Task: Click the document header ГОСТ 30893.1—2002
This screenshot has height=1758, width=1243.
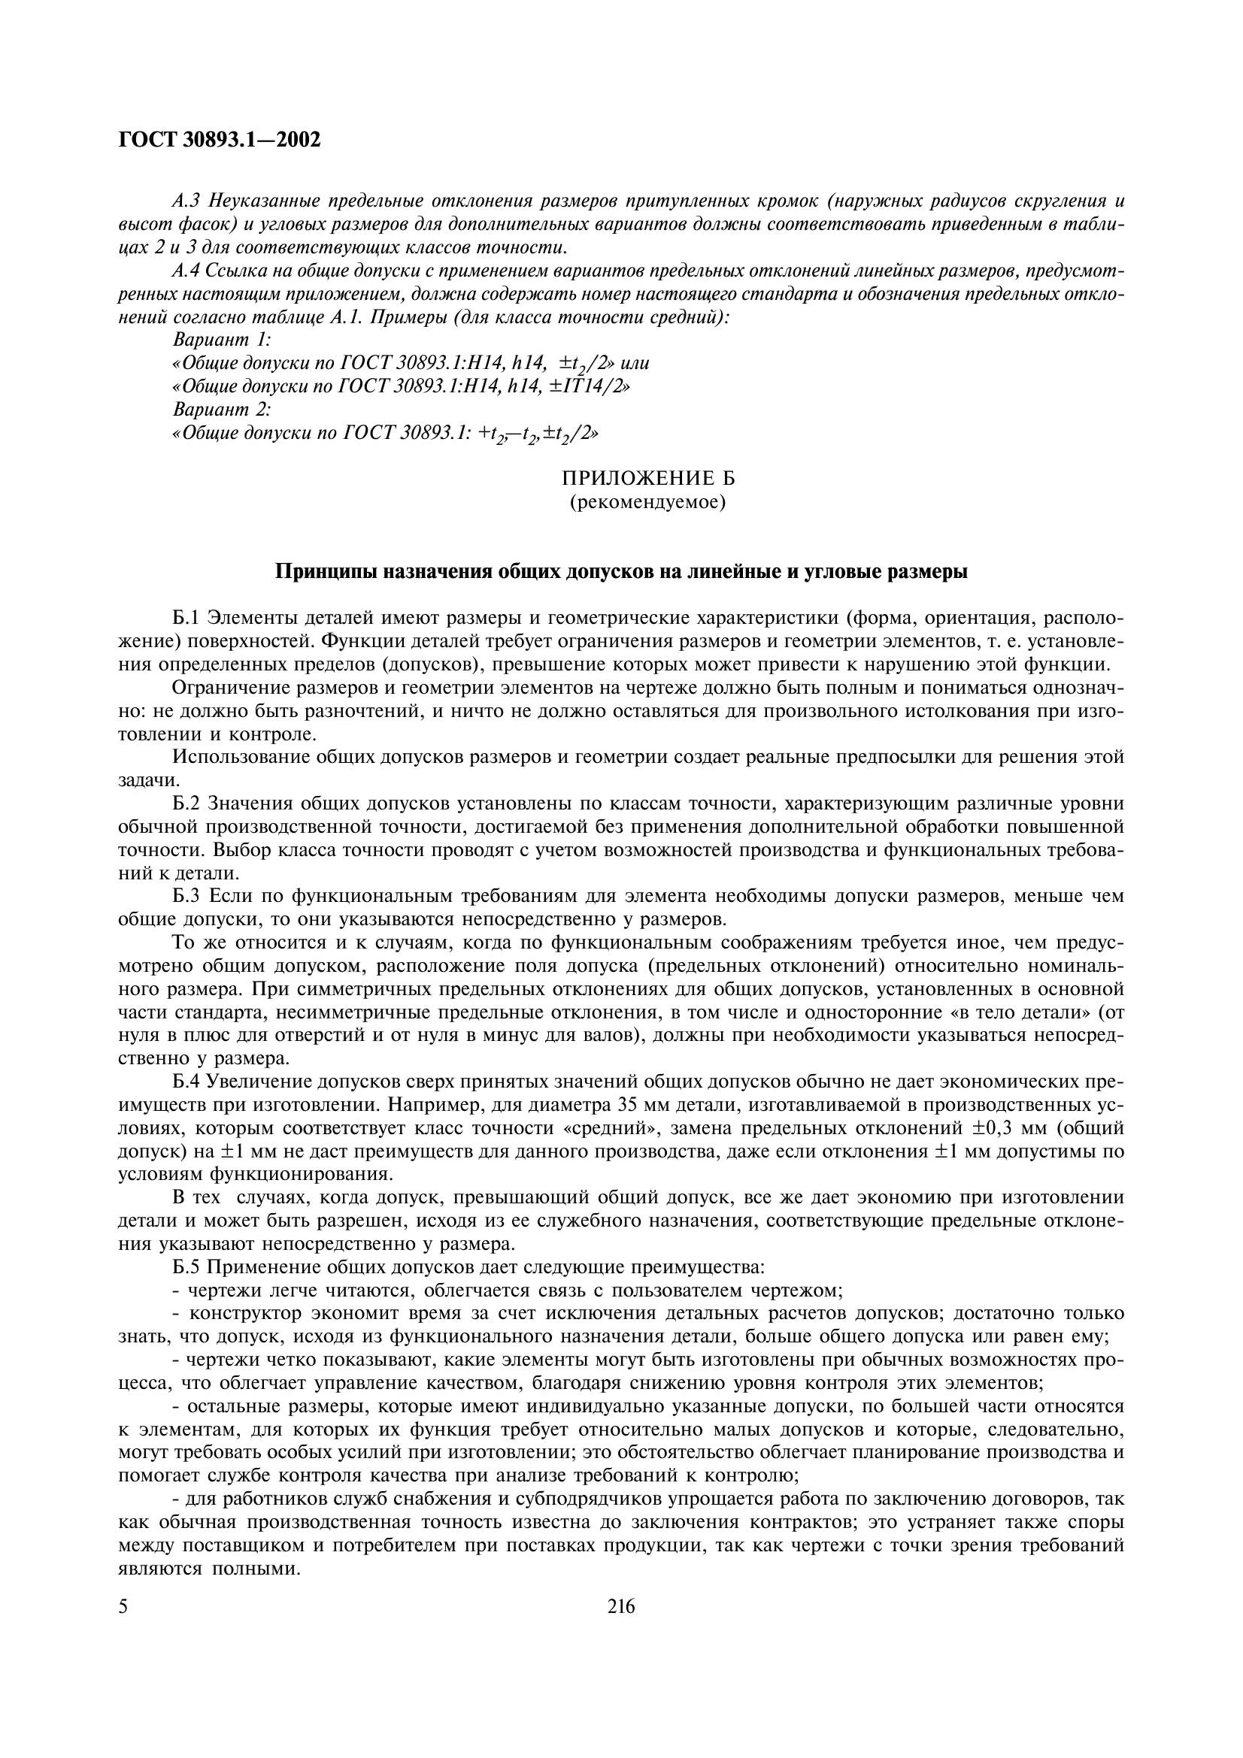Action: (220, 140)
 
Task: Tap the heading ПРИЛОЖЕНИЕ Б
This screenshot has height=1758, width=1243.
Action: (648, 480)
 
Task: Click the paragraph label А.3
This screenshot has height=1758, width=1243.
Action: (187, 201)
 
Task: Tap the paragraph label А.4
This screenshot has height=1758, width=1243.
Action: (187, 271)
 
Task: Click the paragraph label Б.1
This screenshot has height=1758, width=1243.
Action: (188, 618)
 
